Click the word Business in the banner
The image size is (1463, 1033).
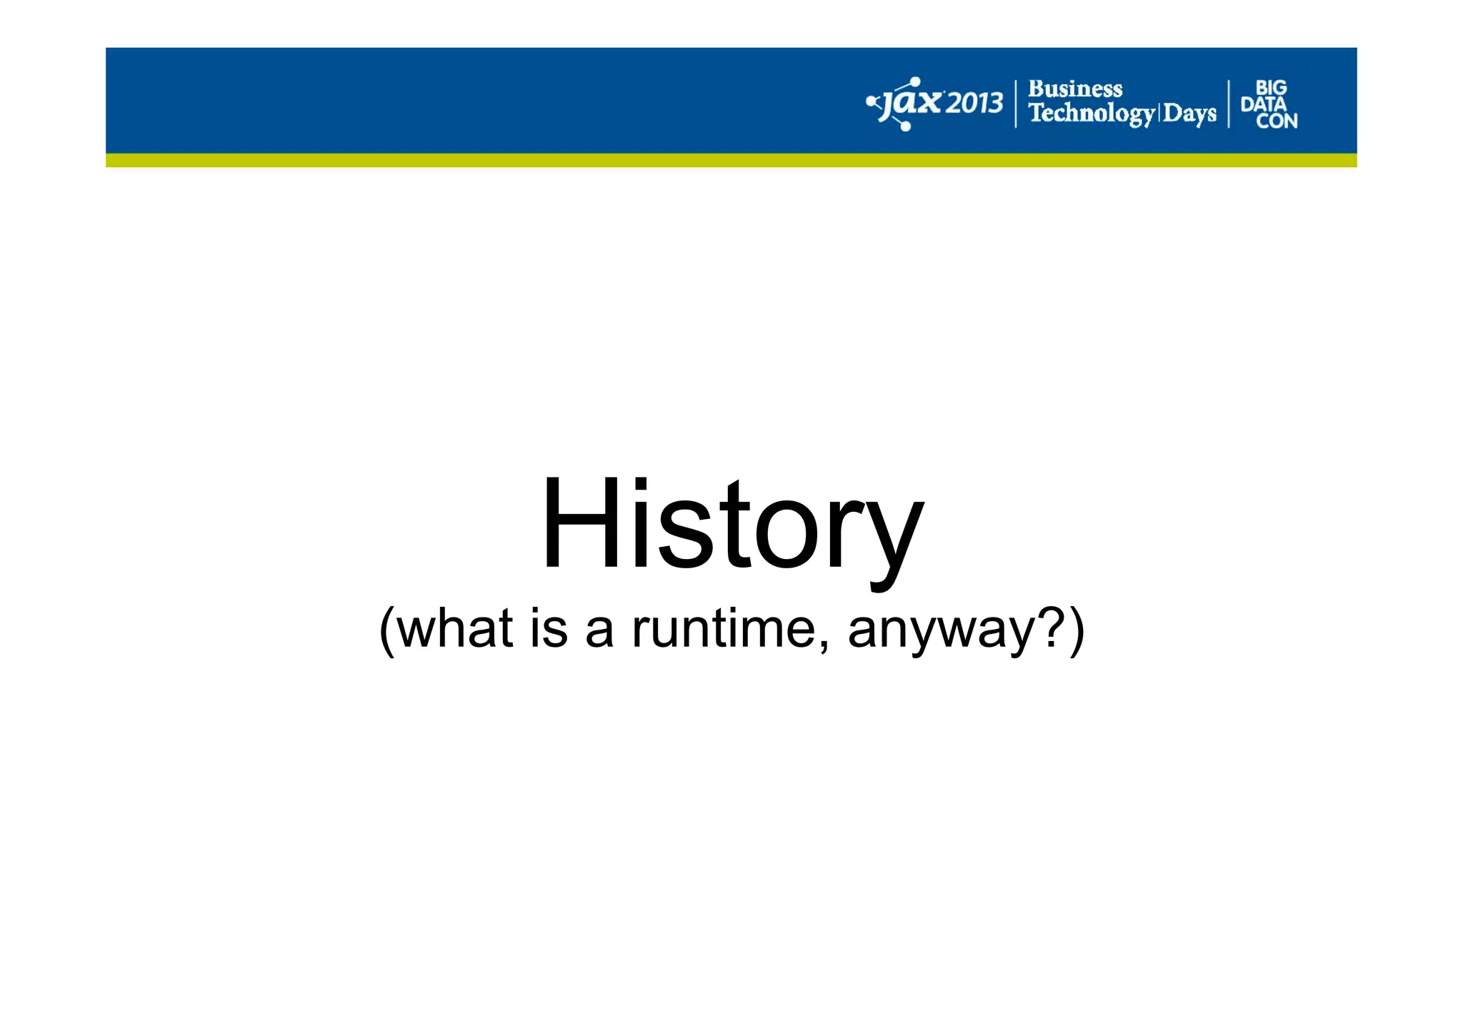click(x=1075, y=89)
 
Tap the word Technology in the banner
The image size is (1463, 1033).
click(x=1091, y=114)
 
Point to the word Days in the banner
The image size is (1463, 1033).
click(x=1189, y=114)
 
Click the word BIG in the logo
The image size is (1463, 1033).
click(x=1271, y=88)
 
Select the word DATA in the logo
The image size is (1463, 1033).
click(x=1263, y=104)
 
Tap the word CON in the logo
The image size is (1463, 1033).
click(x=1277, y=121)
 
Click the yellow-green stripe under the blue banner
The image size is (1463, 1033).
click(x=731, y=160)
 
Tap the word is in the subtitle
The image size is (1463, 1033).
click(x=549, y=628)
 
